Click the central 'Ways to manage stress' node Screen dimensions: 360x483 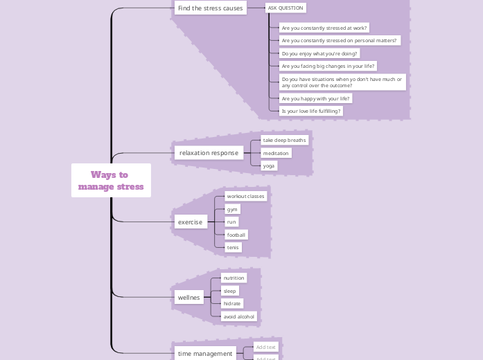pyautogui.click(x=111, y=181)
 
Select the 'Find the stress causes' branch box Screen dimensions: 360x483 pyautogui.click(x=210, y=8)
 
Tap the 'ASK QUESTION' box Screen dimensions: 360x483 pyautogui.click(x=286, y=8)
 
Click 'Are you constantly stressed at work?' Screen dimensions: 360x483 pyautogui.click(x=324, y=28)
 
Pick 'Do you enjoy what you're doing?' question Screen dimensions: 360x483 pyautogui.click(x=319, y=53)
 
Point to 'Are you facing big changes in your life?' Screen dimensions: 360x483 pyautogui.click(x=328, y=66)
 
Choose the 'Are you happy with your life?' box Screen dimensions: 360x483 pyautogui.click(x=315, y=98)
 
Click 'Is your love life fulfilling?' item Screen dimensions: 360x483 pyautogui.click(x=311, y=111)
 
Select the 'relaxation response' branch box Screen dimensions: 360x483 pyautogui.click(x=208, y=152)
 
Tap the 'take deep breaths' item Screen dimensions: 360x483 pyautogui.click(x=284, y=140)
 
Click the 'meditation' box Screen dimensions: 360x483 pyautogui.click(x=276, y=153)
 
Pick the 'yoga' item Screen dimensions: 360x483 pyautogui.click(x=269, y=165)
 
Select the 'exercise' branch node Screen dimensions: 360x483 pyautogui.click(x=190, y=222)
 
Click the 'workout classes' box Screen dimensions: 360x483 pyautogui.click(x=245, y=196)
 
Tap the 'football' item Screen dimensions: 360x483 pyautogui.click(x=236, y=235)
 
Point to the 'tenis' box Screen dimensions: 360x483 pyautogui.click(x=233, y=247)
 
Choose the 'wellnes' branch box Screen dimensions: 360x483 pyautogui.click(x=188, y=298)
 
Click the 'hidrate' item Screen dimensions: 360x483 pyautogui.click(x=232, y=303)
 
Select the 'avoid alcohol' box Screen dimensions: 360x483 pyautogui.click(x=239, y=316)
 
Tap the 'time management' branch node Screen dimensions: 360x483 pyautogui.click(x=205, y=353)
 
